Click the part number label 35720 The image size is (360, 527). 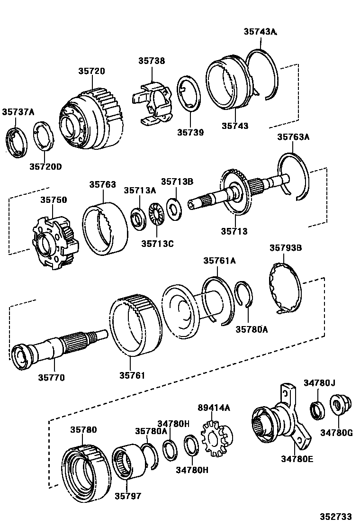[91, 71]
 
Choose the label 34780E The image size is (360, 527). [297, 458]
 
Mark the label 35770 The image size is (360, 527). [52, 378]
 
